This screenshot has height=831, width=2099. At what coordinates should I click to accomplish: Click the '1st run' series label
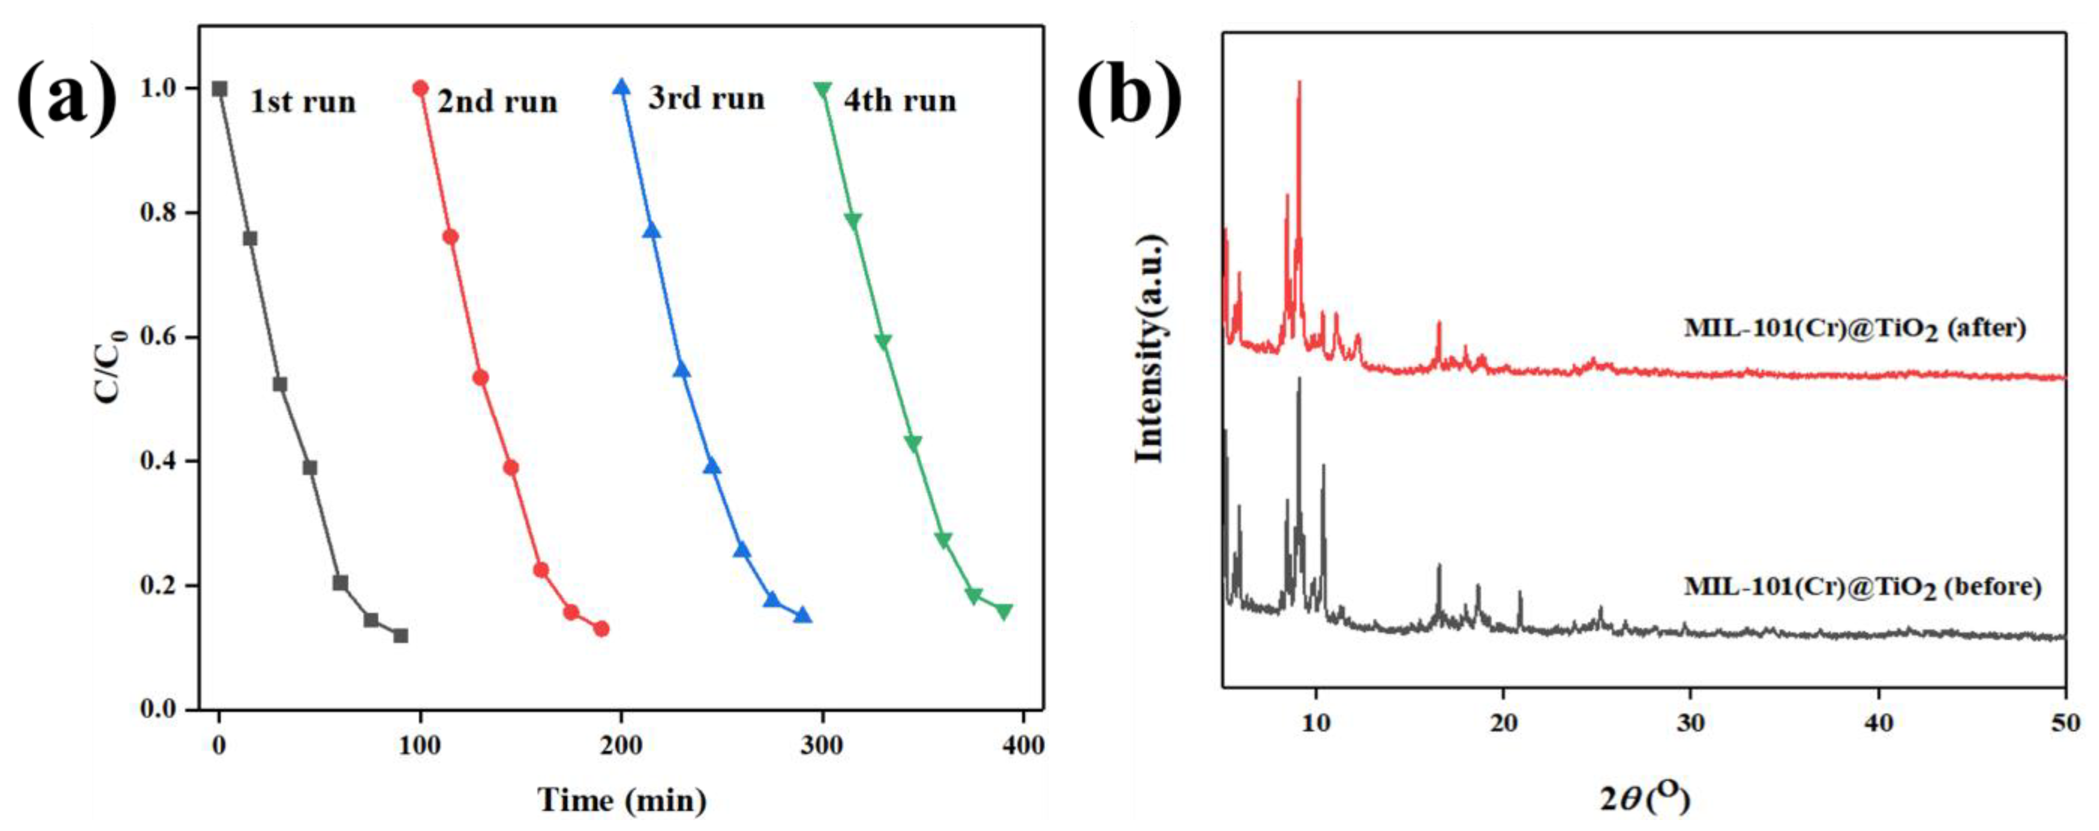[x=302, y=102]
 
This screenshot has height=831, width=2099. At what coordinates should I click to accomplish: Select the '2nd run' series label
[x=497, y=102]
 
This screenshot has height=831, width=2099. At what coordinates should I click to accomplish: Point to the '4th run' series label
[x=899, y=100]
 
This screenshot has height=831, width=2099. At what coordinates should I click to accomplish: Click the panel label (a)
[x=67, y=96]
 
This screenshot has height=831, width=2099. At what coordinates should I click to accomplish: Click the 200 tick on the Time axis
[x=621, y=746]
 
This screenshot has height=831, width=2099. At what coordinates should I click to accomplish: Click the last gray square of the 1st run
[x=400, y=636]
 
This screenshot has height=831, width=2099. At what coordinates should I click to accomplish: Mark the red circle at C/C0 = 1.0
[x=420, y=88]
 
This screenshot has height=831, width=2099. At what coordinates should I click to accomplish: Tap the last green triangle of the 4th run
[x=1004, y=611]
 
